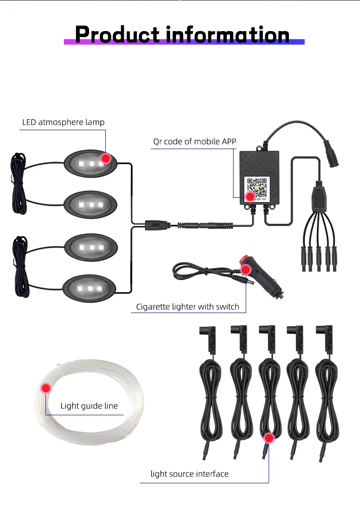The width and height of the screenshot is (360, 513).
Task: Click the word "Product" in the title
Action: [x=117, y=35]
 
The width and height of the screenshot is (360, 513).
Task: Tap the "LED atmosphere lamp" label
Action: [x=63, y=122]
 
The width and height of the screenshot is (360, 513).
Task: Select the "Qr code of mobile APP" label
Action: [x=194, y=141]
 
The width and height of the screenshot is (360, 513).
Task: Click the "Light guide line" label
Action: [x=89, y=406]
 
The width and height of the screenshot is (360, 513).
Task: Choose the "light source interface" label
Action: [x=189, y=474]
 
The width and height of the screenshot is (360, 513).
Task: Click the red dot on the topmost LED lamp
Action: [x=106, y=158]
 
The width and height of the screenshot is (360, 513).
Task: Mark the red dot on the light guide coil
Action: [x=46, y=388]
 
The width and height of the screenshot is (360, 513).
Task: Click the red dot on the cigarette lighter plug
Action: [x=246, y=270]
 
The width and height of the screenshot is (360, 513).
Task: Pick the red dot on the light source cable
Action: [x=269, y=438]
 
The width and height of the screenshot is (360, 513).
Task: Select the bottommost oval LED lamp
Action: [x=90, y=287]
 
